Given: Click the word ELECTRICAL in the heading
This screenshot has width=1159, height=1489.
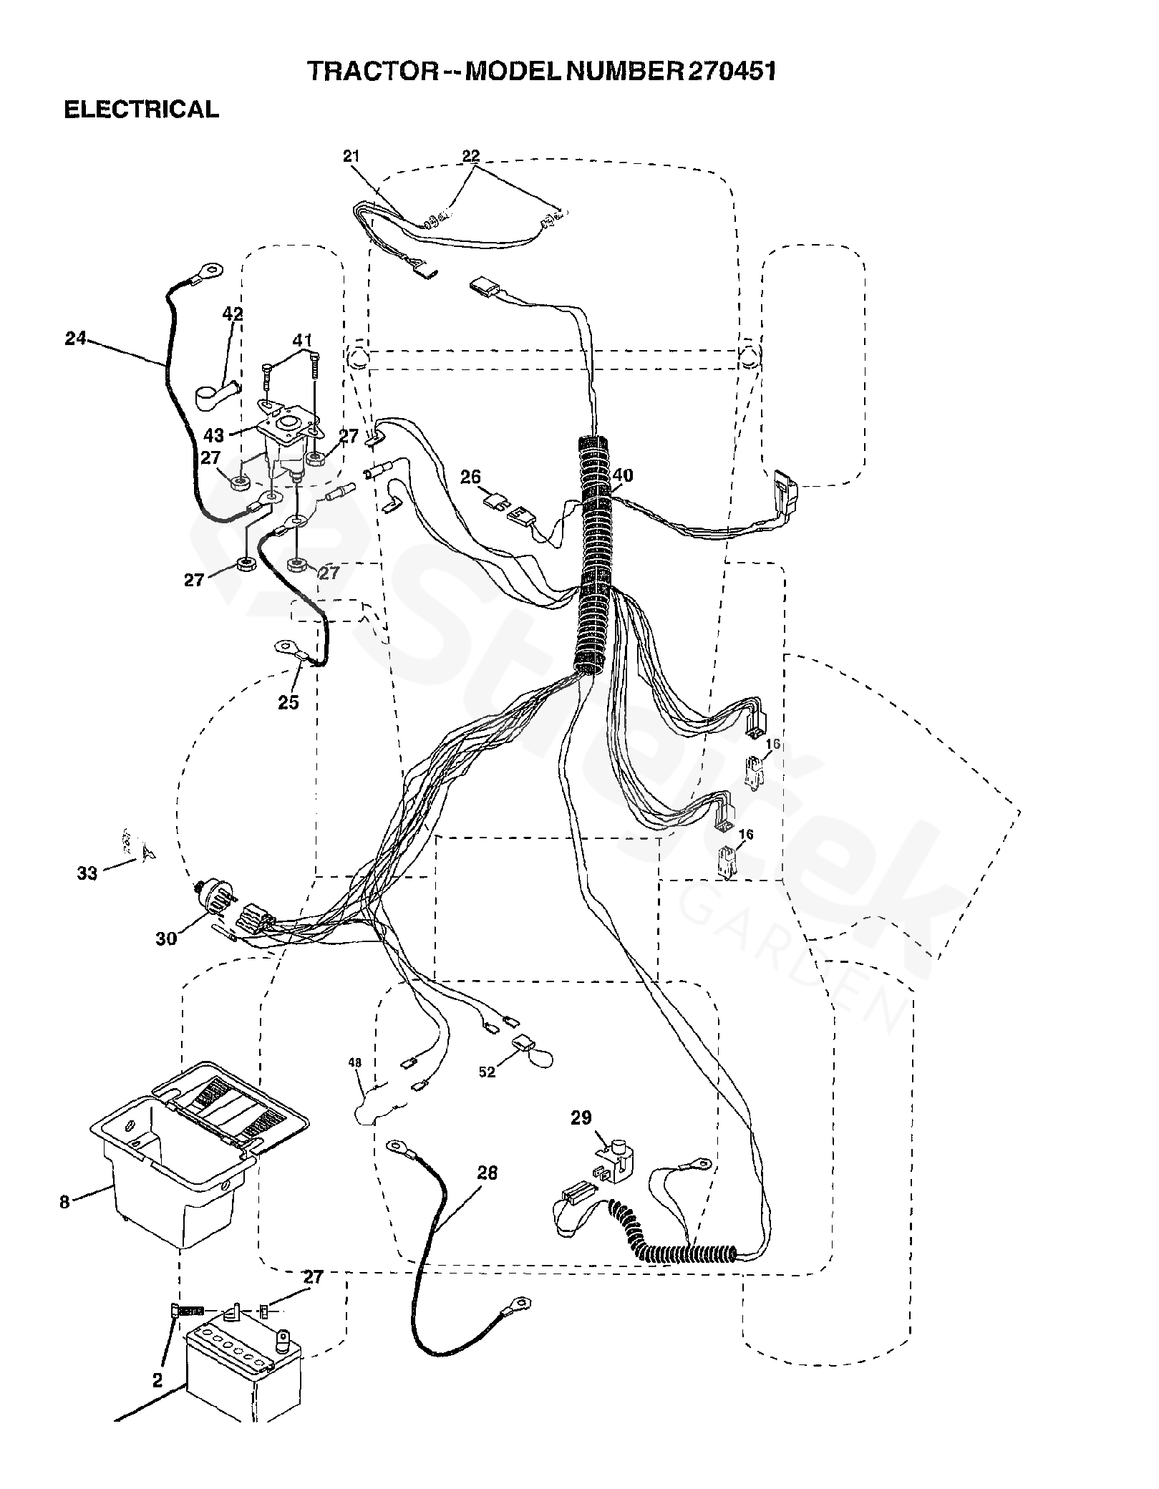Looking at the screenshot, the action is coord(142,110).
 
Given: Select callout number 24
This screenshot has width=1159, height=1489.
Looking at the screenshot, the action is coord(75,339).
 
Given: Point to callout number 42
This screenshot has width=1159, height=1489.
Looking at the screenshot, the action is coord(233,314).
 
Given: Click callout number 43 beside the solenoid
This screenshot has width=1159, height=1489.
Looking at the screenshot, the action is coord(214,435).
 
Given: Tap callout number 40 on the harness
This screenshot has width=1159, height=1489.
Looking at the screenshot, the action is coord(623,475).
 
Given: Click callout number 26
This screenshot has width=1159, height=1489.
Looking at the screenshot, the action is coord(470,477).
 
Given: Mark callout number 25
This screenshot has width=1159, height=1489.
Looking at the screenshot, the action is coord(288,702).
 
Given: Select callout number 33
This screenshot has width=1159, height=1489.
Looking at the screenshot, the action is coord(87,873).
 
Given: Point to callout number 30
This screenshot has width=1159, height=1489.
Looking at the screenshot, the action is coord(166,938).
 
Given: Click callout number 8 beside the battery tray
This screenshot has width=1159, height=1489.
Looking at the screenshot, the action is coord(64,1202).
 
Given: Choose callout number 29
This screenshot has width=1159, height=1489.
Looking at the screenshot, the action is coord(581,1117).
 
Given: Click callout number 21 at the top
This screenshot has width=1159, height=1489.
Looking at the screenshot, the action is coord(351,156).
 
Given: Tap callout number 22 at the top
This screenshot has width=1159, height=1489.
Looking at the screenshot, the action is coord(471,156).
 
